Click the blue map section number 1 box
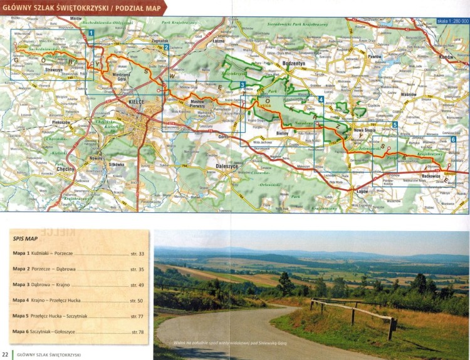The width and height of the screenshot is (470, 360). (x=91, y=33)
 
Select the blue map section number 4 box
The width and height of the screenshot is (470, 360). (x=321, y=99)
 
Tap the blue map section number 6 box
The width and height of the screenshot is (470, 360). (x=452, y=140)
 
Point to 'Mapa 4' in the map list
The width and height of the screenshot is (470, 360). (x=21, y=300)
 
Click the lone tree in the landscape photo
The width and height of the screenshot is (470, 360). (x=286, y=283)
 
